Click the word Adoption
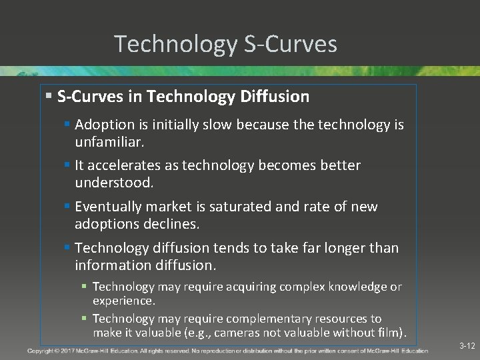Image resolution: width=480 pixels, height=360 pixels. (103, 125)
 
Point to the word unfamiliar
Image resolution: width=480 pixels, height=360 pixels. (109, 142)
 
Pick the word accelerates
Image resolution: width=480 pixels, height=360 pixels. (126, 165)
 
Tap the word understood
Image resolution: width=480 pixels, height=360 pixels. (113, 182)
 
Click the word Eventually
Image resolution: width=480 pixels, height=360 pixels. (107, 207)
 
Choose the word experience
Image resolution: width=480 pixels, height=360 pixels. (123, 301)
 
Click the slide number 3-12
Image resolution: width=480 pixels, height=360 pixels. (467, 346)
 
